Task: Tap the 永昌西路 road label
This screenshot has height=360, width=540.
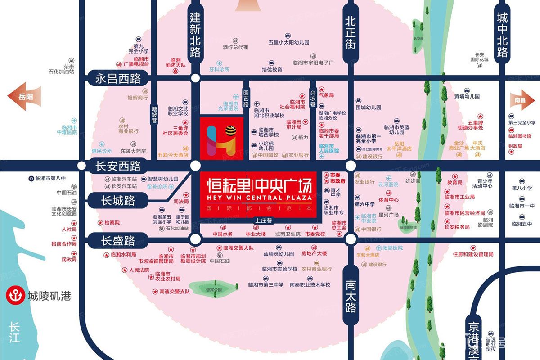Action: tap(118, 79)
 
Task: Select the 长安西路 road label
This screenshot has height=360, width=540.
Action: tap(118, 166)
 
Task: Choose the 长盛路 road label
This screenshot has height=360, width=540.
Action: tap(118, 241)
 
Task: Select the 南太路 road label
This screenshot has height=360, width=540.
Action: tap(351, 296)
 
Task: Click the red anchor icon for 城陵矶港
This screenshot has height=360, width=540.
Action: tap(12, 296)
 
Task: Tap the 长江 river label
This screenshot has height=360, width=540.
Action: tap(14, 332)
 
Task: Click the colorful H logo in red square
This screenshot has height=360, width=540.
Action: tap(221, 139)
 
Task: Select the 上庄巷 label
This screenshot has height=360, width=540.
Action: tap(262, 221)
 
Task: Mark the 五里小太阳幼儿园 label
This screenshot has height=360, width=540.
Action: tap(289, 42)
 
